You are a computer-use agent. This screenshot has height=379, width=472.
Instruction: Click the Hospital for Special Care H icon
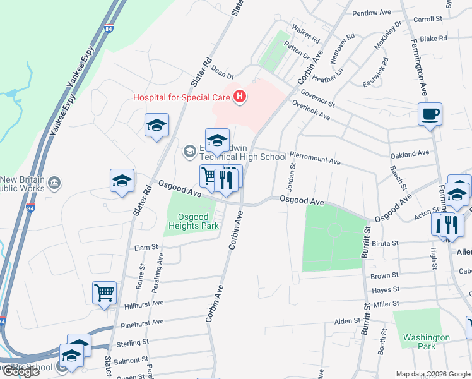coord(240,97)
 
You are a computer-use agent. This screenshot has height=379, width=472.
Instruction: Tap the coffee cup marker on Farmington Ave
coord(430,114)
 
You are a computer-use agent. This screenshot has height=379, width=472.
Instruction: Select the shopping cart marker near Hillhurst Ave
coord(105,292)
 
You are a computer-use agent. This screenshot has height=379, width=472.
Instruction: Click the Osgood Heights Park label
coord(194,221)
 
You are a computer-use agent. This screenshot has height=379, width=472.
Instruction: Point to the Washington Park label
coord(427,342)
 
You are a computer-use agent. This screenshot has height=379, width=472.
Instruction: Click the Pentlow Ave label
coord(372,13)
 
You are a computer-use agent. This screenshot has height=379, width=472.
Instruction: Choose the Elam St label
coord(146,248)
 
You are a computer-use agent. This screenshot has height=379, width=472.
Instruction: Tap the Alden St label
coord(347,321)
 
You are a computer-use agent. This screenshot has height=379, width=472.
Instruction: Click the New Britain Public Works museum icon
coord(55,183)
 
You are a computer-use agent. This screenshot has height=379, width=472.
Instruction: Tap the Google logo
coord(20,371)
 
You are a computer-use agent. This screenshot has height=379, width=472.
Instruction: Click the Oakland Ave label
coord(410,154)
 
